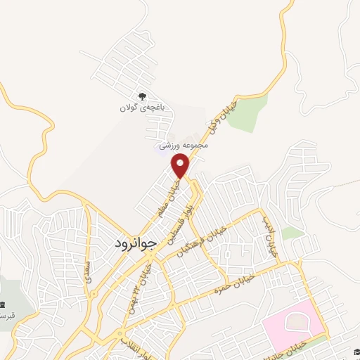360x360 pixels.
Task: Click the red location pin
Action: coord(181,165)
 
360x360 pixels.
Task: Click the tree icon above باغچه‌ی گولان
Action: coord(143,97)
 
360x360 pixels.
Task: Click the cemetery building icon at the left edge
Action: coord(4,304)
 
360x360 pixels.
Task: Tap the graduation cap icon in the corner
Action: coord(355,353)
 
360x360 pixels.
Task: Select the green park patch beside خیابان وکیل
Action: coord(247,112)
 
